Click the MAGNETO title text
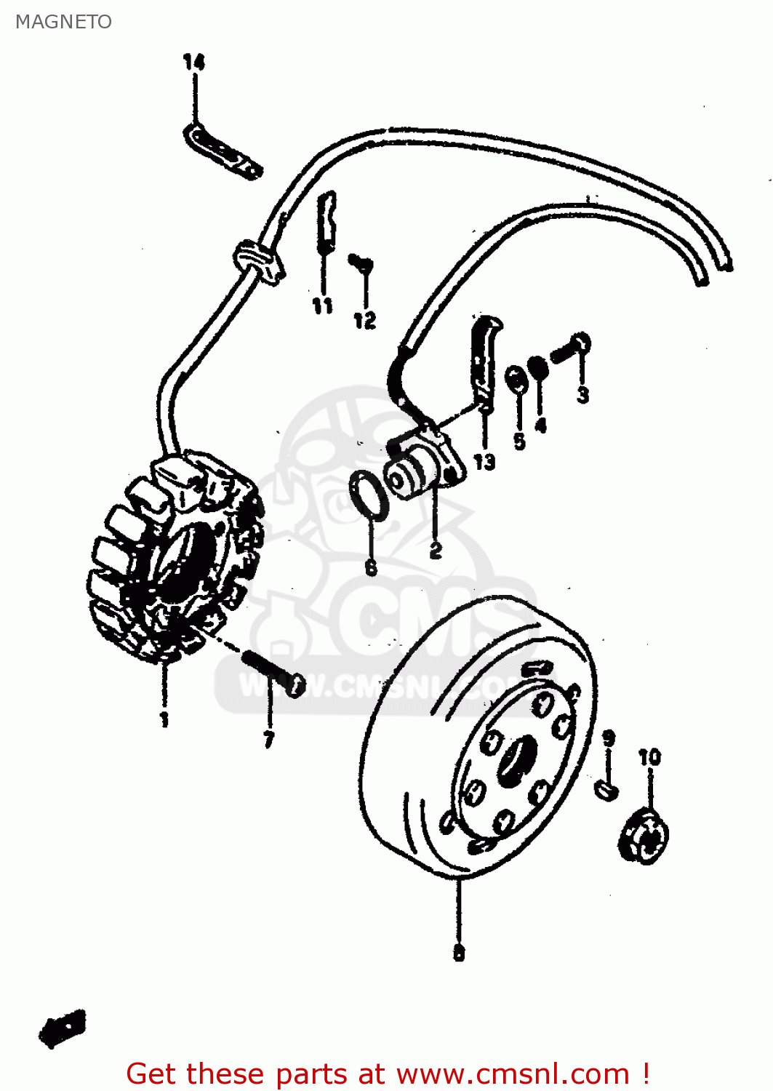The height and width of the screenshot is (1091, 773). pyautogui.click(x=63, y=22)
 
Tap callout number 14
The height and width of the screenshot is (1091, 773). pyautogui.click(x=193, y=63)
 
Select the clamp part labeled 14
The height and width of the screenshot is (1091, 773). pyautogui.click(x=222, y=151)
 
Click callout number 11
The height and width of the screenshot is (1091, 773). pyautogui.click(x=323, y=306)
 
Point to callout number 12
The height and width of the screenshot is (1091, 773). pyautogui.click(x=364, y=320)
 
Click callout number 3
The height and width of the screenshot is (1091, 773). pyautogui.click(x=582, y=395)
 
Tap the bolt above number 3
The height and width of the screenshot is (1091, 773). pyautogui.click(x=572, y=348)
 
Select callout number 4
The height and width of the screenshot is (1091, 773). pyautogui.click(x=540, y=425)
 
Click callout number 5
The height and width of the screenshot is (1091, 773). pyautogui.click(x=519, y=441)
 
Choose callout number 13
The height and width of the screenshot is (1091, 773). pyautogui.click(x=484, y=462)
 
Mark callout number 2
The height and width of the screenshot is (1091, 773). pyautogui.click(x=435, y=551)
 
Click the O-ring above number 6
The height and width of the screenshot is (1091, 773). pyautogui.click(x=368, y=495)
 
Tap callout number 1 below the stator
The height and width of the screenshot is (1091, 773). pyautogui.click(x=164, y=719)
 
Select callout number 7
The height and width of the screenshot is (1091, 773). pyautogui.click(x=269, y=740)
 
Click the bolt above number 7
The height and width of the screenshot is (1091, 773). pyautogui.click(x=273, y=672)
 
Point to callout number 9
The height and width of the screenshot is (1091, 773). pyautogui.click(x=609, y=738)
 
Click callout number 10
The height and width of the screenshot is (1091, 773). pyautogui.click(x=649, y=757)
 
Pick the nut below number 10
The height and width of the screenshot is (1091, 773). pyautogui.click(x=645, y=837)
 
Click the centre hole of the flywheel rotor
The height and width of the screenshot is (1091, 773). pyautogui.click(x=518, y=760)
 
